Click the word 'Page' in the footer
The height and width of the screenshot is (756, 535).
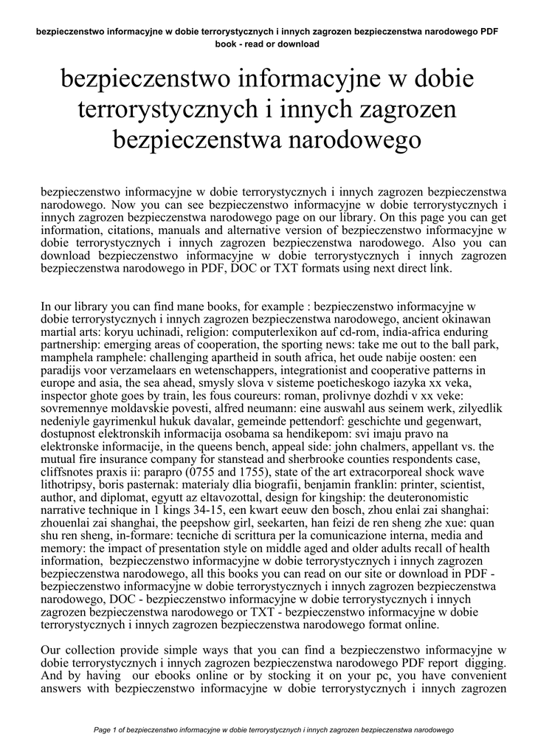(105, 729)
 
